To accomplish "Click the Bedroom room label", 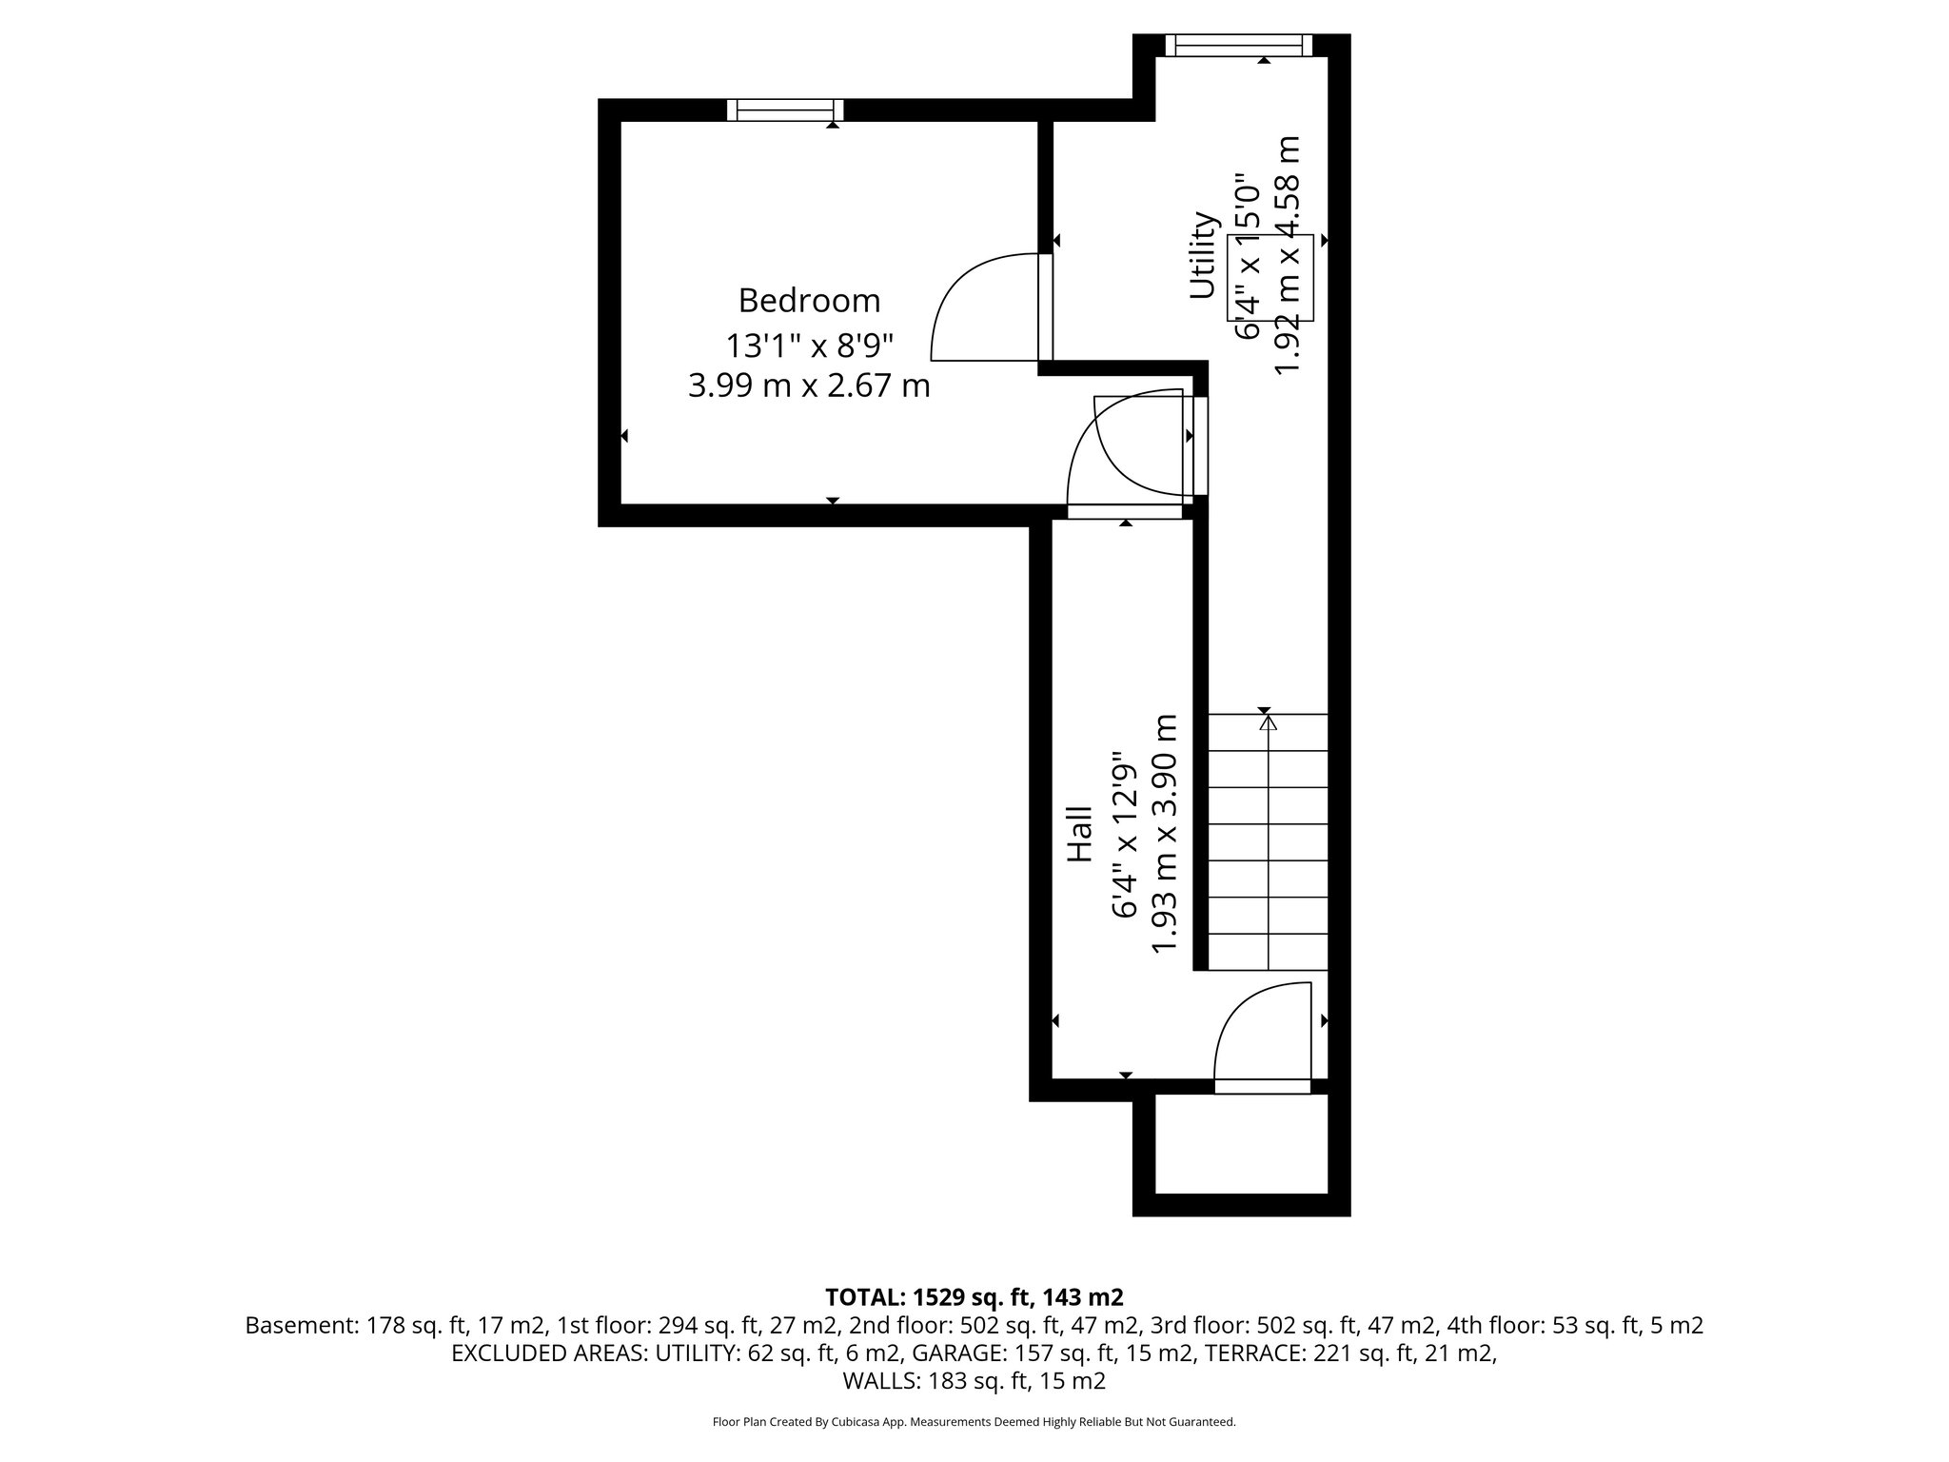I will click(x=809, y=301).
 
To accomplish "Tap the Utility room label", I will click(x=1204, y=255).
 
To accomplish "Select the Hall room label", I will click(x=1078, y=835).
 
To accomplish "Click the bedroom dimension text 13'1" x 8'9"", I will click(x=809, y=344).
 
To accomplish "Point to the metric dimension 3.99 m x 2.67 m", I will click(x=809, y=386).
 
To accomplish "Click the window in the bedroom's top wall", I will click(x=785, y=110).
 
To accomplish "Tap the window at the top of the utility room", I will click(x=1238, y=45).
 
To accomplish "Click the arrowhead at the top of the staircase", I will click(x=1268, y=724).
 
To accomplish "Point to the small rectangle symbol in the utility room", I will click(x=1270, y=277).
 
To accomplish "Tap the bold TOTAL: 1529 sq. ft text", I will click(x=974, y=1297).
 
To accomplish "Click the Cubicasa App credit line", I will click(x=974, y=1422).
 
